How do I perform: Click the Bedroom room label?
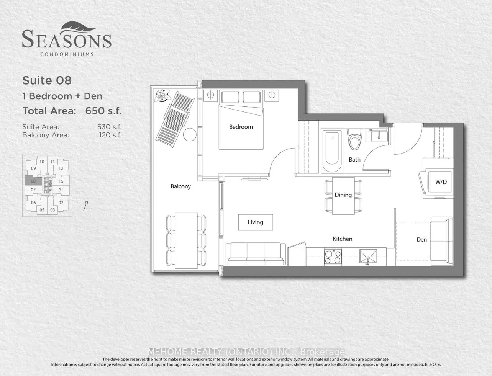coord(241,127)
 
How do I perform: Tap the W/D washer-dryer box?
coord(441,182)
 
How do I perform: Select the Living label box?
coord(256,222)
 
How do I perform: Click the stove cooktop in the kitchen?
coord(333,257)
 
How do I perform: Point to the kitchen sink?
coord(367,256)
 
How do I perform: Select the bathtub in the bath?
coord(332,151)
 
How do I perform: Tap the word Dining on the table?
coord(343,195)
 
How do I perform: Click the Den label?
coord(421,240)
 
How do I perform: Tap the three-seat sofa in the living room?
coord(256,253)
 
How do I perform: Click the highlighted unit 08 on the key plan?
coord(33,181)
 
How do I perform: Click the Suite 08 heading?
coord(47,80)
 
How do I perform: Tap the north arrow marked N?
coord(85,206)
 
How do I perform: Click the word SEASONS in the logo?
coord(67,40)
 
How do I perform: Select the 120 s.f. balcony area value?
coord(110,135)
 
